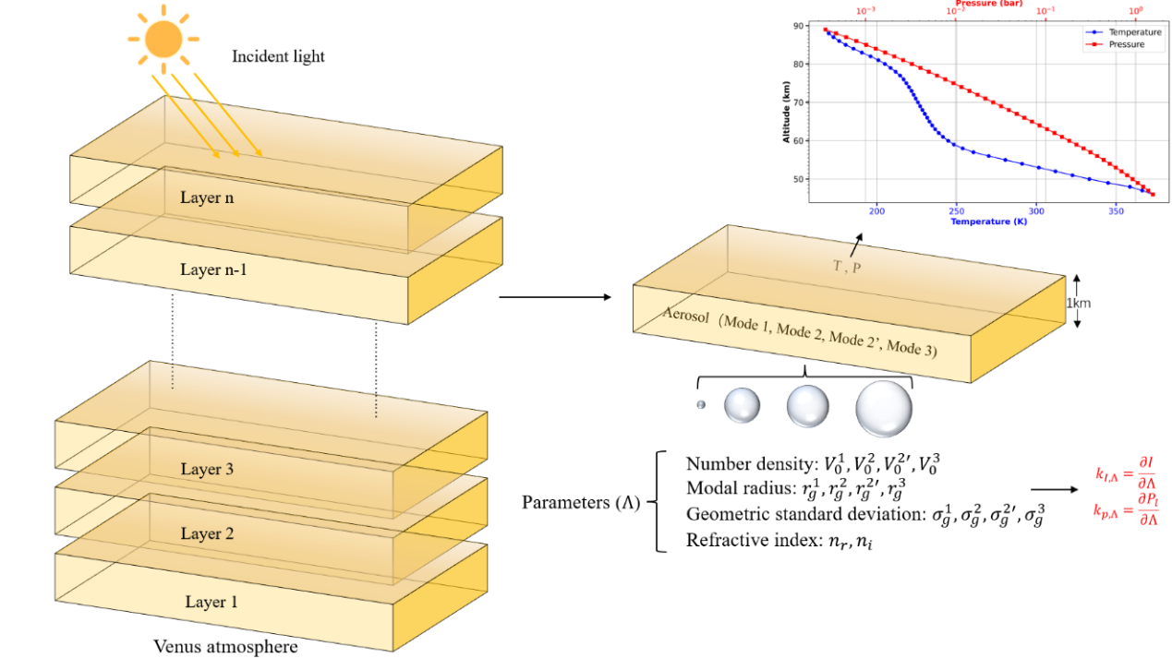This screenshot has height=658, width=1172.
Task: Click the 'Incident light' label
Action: (x=278, y=56)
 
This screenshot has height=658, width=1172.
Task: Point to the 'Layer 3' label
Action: (x=208, y=469)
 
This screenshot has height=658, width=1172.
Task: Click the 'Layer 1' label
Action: (x=211, y=602)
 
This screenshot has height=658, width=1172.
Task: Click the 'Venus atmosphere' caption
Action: (x=225, y=646)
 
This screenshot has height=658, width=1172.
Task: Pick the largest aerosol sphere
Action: (x=883, y=407)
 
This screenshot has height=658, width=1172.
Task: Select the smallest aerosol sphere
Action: (x=701, y=404)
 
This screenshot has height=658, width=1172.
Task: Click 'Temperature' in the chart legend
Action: (x=1128, y=32)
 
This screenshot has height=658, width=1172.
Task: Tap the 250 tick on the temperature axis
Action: (x=957, y=210)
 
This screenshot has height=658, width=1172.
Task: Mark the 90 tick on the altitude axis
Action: (x=798, y=26)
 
